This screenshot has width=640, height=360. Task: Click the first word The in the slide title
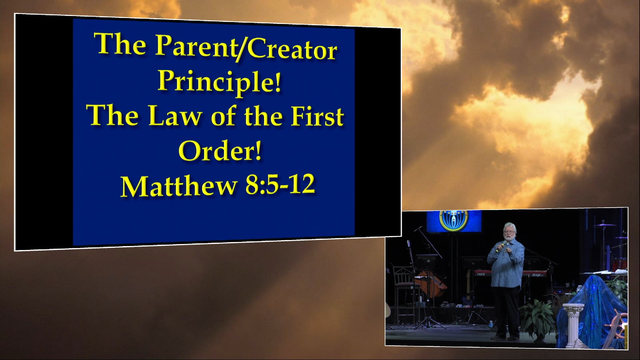[x=121, y=45]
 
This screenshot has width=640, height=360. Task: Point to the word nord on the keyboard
[x=480, y=274]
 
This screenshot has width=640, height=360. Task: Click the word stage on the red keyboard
[x=536, y=275]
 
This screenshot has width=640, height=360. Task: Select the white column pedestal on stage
[x=574, y=323]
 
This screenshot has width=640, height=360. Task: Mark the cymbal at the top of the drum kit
[x=605, y=225]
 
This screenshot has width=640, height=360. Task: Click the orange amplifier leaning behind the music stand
[x=430, y=283]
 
